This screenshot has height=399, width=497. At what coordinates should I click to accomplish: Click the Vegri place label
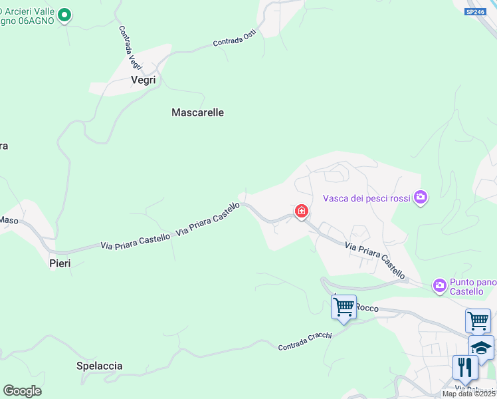pyautogui.click(x=144, y=80)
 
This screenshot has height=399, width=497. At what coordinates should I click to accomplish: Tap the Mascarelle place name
pyautogui.click(x=197, y=112)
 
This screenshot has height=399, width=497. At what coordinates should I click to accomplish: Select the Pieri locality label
pyautogui.click(x=60, y=263)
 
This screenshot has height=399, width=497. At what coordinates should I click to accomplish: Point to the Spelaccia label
pyautogui.click(x=100, y=366)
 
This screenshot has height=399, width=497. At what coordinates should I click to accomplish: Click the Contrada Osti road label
pyautogui.click(x=234, y=39)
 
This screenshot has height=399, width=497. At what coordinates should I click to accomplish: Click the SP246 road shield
pyautogui.click(x=475, y=11)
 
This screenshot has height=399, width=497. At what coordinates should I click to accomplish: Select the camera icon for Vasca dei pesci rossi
pyautogui.click(x=420, y=197)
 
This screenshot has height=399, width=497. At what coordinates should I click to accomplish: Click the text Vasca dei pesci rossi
pyautogui.click(x=366, y=198)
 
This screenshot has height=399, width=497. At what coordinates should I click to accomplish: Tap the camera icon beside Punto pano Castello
pyautogui.click(x=439, y=285)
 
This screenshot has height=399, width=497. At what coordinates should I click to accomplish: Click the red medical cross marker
pyautogui.click(x=302, y=212)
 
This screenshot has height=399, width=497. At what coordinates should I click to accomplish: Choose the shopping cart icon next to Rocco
pyautogui.click(x=344, y=307)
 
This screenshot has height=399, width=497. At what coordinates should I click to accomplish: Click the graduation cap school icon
pyautogui.click(x=481, y=346)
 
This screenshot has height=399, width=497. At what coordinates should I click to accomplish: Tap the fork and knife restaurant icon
pyautogui.click(x=464, y=367)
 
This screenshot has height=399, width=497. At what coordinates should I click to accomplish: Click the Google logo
pyautogui.click(x=22, y=391)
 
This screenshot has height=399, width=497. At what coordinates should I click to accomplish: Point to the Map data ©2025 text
pyautogui.click(x=468, y=394)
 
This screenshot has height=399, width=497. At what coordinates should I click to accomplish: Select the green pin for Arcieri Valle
pyautogui.click(x=64, y=15)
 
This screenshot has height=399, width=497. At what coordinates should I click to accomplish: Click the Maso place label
pyautogui.click(x=9, y=219)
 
